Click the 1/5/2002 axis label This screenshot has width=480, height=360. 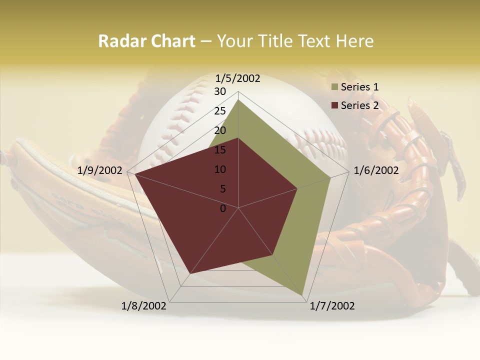click(x=237, y=78)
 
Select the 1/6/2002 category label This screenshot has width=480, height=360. click(x=376, y=170)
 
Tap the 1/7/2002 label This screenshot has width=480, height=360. click(x=332, y=306)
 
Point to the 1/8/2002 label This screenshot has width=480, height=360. click(x=144, y=306)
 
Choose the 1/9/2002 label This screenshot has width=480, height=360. click(x=100, y=170)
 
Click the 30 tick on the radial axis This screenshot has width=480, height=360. click(x=220, y=91)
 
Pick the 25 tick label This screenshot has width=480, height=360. click(x=220, y=111)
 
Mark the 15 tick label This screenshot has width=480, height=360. click(x=220, y=150)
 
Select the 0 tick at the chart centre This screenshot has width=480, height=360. click(x=223, y=208)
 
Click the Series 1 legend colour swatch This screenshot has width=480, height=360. click(x=334, y=87)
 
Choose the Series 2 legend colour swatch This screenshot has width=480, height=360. click(x=334, y=105)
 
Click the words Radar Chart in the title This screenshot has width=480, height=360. click(x=146, y=41)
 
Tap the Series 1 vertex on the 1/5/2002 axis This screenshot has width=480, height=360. click(x=238, y=99)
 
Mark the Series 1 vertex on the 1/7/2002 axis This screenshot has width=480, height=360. click(x=303, y=295)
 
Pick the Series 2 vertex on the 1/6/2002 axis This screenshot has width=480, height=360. click(x=297, y=188)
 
